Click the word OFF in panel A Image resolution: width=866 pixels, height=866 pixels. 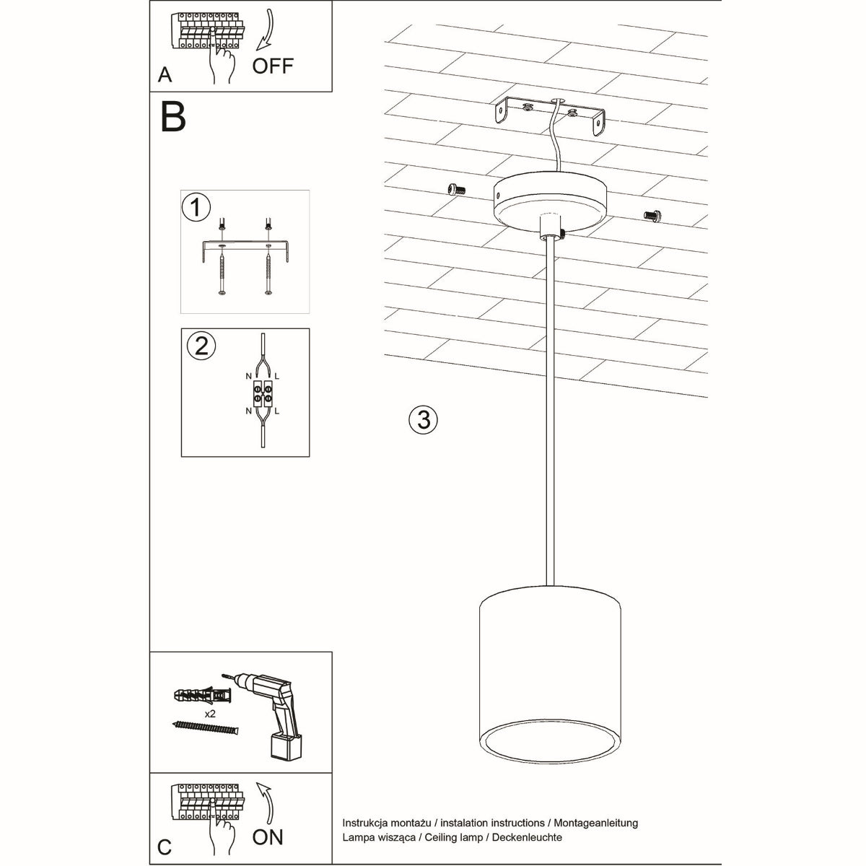(x=273, y=66)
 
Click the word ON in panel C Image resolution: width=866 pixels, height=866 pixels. (x=268, y=836)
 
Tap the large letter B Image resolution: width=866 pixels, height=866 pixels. (x=173, y=117)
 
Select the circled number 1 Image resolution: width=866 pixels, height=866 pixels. (x=196, y=208)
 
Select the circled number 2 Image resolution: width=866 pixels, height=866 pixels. (x=201, y=346)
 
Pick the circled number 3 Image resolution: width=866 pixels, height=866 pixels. (x=424, y=419)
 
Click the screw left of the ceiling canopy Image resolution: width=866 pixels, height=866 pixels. (x=455, y=189)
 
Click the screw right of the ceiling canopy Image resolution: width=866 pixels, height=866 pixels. (x=652, y=214)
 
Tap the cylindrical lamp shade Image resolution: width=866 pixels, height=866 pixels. (x=548, y=664)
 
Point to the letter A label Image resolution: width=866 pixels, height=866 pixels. (x=165, y=75)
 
